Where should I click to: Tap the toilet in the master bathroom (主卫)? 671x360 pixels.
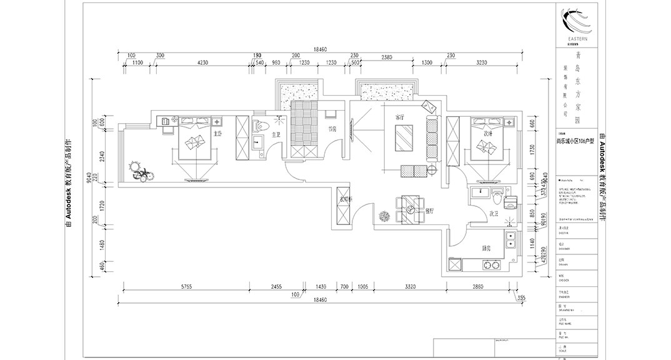pyautogui.click(x=259, y=127)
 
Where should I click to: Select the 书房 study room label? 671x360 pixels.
pyautogui.click(x=332, y=129)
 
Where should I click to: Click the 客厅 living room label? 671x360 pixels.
pyautogui.click(x=400, y=117)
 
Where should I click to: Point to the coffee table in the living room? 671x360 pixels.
pyautogui.click(x=403, y=137)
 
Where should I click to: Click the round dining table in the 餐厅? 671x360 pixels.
pyautogui.click(x=410, y=210)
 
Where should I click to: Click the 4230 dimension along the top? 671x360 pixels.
pyautogui.click(x=202, y=63)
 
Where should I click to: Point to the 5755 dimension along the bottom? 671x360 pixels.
pyautogui.click(x=186, y=286)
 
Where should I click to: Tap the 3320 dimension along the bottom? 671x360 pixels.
pyautogui.click(x=410, y=286)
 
